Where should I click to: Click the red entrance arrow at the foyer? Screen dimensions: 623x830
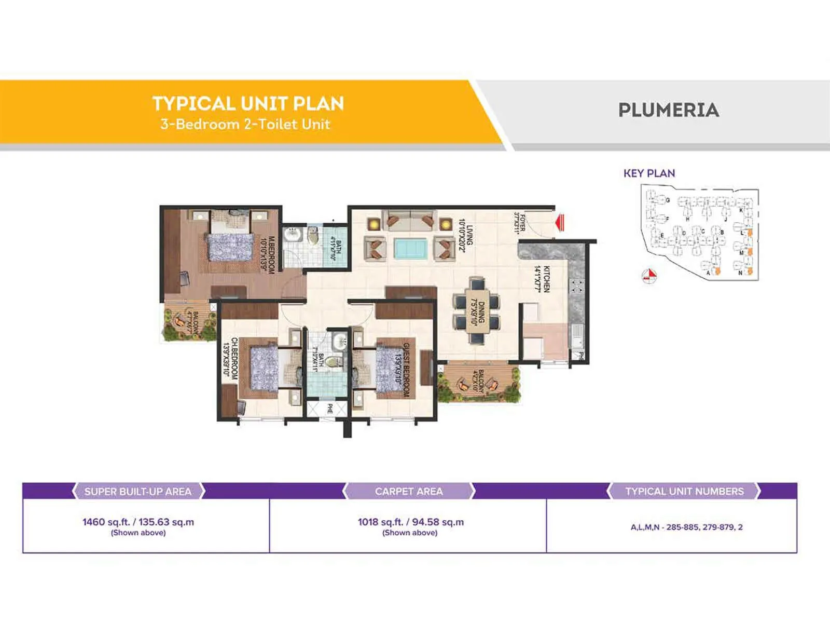pyautogui.click(x=560, y=223)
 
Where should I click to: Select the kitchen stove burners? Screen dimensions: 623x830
pyautogui.click(x=576, y=286)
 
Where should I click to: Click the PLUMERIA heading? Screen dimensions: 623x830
pyautogui.click(x=668, y=110)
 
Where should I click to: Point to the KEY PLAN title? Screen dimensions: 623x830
pyautogui.click(x=649, y=173)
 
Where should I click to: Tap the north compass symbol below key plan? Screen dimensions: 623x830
pyautogui.click(x=649, y=276)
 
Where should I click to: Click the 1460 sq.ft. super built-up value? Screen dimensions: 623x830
pyautogui.click(x=138, y=522)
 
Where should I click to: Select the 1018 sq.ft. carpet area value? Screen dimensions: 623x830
pyautogui.click(x=410, y=522)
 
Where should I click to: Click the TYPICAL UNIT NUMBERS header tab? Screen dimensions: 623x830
pyautogui.click(x=684, y=491)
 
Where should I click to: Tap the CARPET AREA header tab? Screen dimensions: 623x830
pyautogui.click(x=409, y=491)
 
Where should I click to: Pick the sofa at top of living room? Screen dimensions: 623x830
pyautogui.click(x=409, y=220)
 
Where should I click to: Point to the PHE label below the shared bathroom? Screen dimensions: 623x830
pyautogui.click(x=329, y=409)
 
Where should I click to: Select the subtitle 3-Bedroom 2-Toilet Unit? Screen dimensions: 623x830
pyautogui.click(x=245, y=124)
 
